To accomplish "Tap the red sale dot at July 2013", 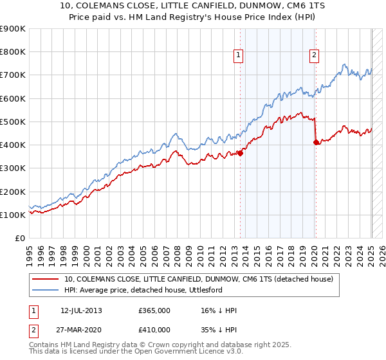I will pos(240,153).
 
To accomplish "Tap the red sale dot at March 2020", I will pos(316,143).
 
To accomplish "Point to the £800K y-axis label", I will pos(12,52).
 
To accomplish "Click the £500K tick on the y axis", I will pos(12,122).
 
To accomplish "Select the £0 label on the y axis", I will pos(19,238).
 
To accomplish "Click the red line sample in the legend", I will pos(46,279).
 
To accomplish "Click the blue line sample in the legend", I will pos(46,290).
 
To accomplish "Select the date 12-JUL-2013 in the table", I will pos(81,310).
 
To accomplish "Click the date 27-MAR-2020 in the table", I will pos(81,328).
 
